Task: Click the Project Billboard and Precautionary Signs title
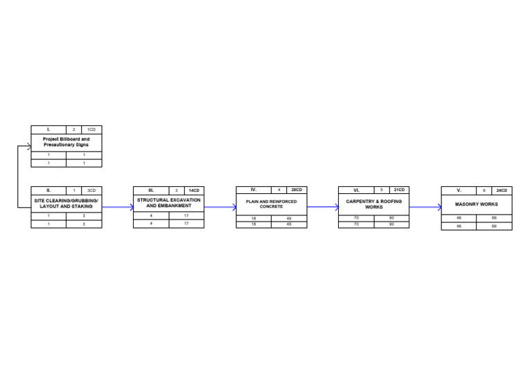click(x=66, y=142)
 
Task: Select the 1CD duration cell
click(x=91, y=129)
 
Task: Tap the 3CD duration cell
click(x=91, y=190)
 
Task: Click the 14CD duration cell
click(x=194, y=190)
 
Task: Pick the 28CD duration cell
click(x=296, y=190)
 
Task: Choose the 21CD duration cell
click(x=399, y=190)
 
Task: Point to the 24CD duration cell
click(x=502, y=190)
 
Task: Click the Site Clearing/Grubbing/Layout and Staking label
click(x=66, y=204)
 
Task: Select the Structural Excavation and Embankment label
click(x=168, y=203)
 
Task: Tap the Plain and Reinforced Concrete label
click(x=271, y=204)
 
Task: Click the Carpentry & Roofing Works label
click(x=373, y=204)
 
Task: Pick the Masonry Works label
click(x=476, y=204)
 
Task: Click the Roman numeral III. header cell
click(x=151, y=190)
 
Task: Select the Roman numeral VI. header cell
click(x=356, y=190)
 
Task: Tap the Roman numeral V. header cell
click(x=459, y=190)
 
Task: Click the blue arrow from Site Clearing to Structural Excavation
click(x=117, y=207)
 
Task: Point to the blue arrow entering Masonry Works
click(x=425, y=206)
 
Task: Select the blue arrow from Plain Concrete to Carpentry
click(x=322, y=206)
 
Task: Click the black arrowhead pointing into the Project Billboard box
click(x=28, y=146)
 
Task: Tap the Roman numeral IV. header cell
click(x=254, y=190)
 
